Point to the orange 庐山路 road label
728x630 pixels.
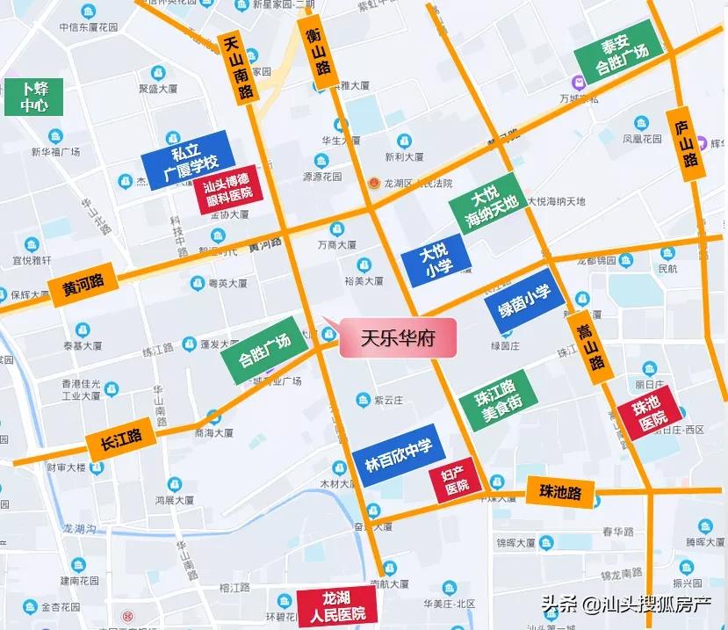click(687, 144)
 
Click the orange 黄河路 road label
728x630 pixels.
click(83, 285)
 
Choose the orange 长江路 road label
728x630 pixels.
click(120, 437)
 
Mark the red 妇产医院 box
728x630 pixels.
click(456, 481)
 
